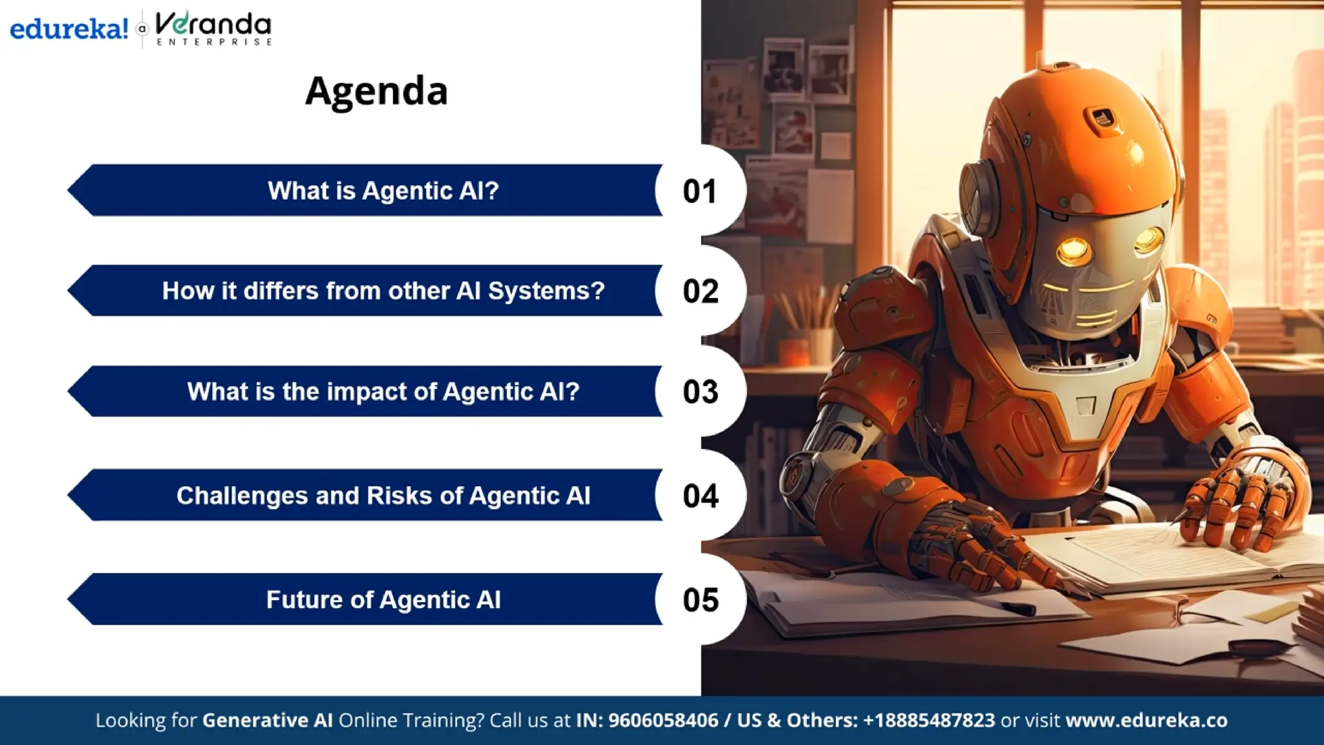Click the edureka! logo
69,29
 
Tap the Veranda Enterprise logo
213,29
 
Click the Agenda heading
376,91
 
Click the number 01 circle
700,191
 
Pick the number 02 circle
700,291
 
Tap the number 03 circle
700,392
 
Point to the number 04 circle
700,496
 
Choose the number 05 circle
700,600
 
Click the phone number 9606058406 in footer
663,720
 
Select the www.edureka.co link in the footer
1146,720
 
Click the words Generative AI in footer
267,720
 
